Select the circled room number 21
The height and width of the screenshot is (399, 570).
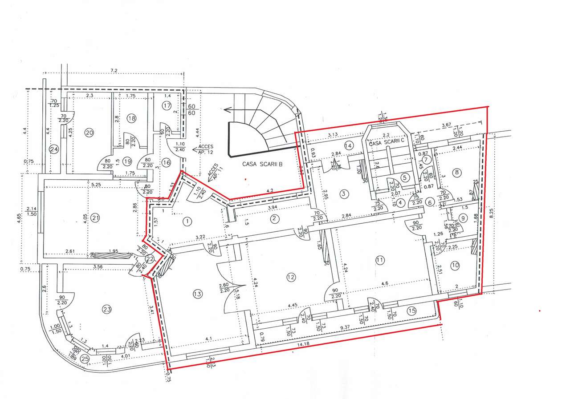pos(95,218)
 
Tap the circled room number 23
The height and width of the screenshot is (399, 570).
pos(106,309)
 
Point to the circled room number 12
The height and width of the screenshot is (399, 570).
pos(291,277)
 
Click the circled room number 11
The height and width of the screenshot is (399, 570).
pos(379,261)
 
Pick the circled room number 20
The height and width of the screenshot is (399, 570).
pos(89,132)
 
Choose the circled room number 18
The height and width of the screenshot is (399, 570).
pos(131,118)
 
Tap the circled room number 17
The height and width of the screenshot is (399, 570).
pos(167,105)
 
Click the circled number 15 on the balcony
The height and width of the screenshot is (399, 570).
pos(411,311)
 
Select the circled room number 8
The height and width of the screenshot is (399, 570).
pos(456,172)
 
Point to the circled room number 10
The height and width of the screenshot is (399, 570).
pos(455,266)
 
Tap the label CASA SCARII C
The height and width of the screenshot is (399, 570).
pos(386,143)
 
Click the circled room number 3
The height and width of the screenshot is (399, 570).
pos(343,193)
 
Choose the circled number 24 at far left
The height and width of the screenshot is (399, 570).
pos(54,149)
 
